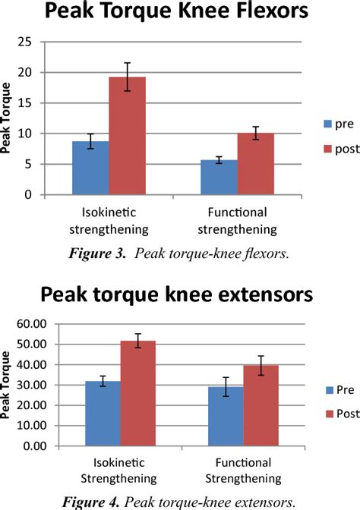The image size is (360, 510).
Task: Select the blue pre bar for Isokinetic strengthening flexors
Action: coord(90,168)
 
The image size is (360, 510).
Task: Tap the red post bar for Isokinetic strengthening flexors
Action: coord(127,136)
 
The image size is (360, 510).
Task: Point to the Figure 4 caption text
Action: coord(179,501)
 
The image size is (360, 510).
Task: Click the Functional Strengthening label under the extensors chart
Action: coord(245,471)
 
